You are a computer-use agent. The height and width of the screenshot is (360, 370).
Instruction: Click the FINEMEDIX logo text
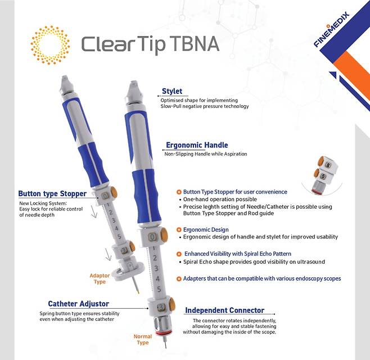tap(332, 29)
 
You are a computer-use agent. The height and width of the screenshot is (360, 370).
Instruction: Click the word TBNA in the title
tap(194, 44)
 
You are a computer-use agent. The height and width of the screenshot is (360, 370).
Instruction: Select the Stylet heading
tap(172, 91)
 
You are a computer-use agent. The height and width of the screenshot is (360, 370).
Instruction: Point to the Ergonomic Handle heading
tap(197, 145)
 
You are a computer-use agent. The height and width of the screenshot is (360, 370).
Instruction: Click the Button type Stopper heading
tap(52, 193)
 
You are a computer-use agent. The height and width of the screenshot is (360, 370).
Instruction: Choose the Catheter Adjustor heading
tap(78, 304)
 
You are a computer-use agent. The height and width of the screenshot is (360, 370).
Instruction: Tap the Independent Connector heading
tap(224, 310)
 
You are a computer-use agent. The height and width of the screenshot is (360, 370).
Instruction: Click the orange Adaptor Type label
tap(100, 278)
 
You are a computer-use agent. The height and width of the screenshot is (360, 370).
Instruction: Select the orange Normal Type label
tap(142, 339)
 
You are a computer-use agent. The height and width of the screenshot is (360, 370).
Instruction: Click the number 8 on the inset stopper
tap(328, 165)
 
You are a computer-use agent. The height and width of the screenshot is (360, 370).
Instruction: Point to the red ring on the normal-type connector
tap(161, 334)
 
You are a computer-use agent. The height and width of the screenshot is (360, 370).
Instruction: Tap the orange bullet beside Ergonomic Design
tap(179, 229)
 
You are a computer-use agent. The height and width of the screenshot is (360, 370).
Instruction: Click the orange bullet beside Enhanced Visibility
tap(179, 254)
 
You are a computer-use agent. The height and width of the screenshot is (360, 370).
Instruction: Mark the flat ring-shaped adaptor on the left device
tap(128, 272)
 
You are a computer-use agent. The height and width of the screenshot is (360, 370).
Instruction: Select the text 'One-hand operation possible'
tap(220, 199)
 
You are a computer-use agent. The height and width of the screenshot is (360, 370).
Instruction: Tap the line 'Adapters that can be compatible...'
tap(262, 278)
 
